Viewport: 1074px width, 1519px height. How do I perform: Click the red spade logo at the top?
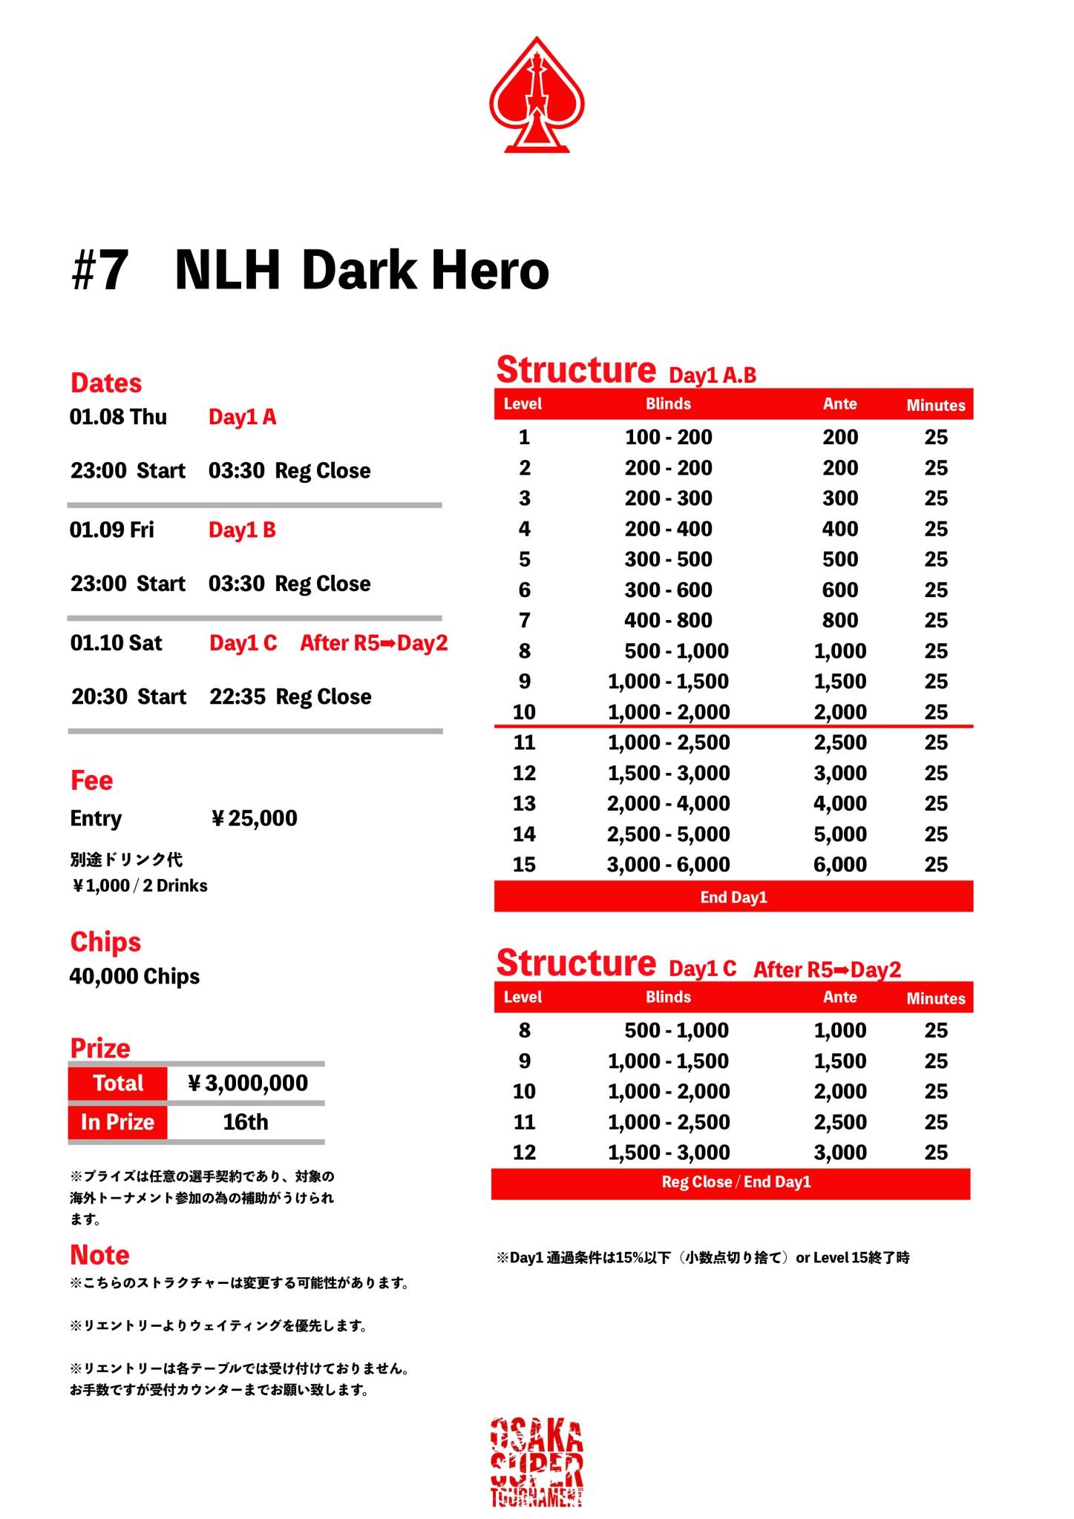[537, 96]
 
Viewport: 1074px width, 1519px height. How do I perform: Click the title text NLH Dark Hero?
[361, 270]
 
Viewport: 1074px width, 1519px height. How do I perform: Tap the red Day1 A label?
[242, 417]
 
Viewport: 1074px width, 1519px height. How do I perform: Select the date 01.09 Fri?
[112, 530]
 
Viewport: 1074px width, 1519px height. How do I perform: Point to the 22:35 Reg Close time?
[290, 696]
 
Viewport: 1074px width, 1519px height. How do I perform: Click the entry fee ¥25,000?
[255, 818]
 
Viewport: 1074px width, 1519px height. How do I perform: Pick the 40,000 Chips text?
[134, 976]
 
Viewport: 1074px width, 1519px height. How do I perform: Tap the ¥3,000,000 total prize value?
[247, 1083]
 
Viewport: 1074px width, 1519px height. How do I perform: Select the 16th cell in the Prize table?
[246, 1121]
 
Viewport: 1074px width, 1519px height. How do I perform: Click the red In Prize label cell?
[117, 1121]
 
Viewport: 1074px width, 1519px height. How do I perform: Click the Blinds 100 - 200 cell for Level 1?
[668, 437]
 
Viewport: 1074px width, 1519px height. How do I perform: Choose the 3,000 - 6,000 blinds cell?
[668, 864]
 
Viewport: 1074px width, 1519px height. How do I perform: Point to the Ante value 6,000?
[839, 864]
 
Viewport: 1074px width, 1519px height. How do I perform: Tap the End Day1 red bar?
[733, 897]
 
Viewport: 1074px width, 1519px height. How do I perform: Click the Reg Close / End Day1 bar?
[736, 1182]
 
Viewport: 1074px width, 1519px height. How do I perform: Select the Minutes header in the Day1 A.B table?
[935, 405]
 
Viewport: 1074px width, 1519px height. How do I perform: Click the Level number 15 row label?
[524, 864]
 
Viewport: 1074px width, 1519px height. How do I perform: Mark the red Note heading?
[99, 1255]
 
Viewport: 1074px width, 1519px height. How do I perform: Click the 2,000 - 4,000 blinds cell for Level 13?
[668, 803]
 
